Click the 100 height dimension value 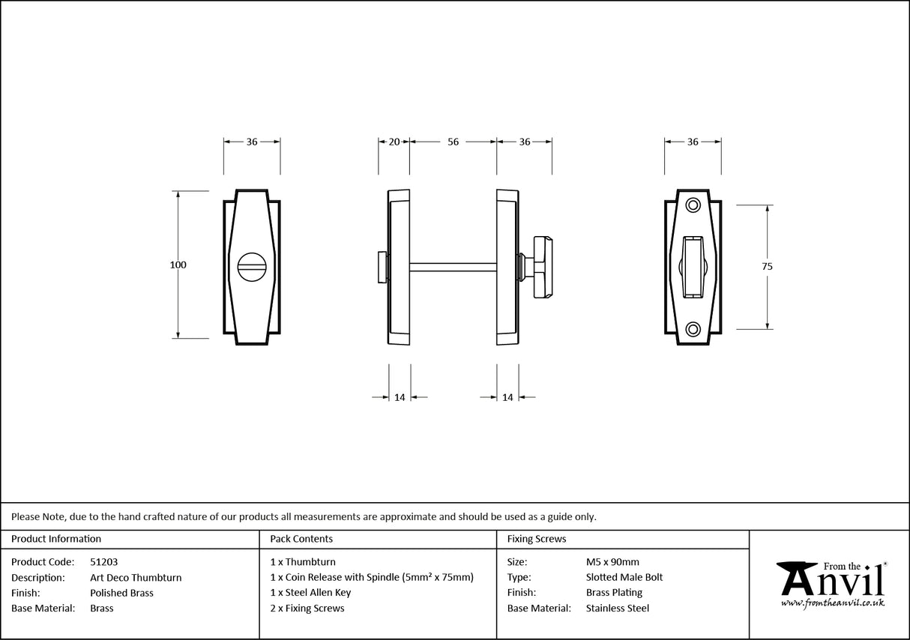click(178, 265)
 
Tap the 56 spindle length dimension click(453, 142)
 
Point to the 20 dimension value click(394, 142)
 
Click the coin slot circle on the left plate click(252, 265)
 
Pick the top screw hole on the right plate click(693, 204)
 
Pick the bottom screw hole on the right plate click(693, 328)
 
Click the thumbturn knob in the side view click(542, 267)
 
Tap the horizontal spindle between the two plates click(453, 266)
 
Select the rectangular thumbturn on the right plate click(693, 266)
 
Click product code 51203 click(103, 561)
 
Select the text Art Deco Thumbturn click(136, 577)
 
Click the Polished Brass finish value click(121, 593)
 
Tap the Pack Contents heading click(301, 539)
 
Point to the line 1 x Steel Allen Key click(310, 593)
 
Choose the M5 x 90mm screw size click(612, 561)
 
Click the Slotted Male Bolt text click(624, 577)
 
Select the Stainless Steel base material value click(618, 609)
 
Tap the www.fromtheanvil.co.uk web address click(833, 603)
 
